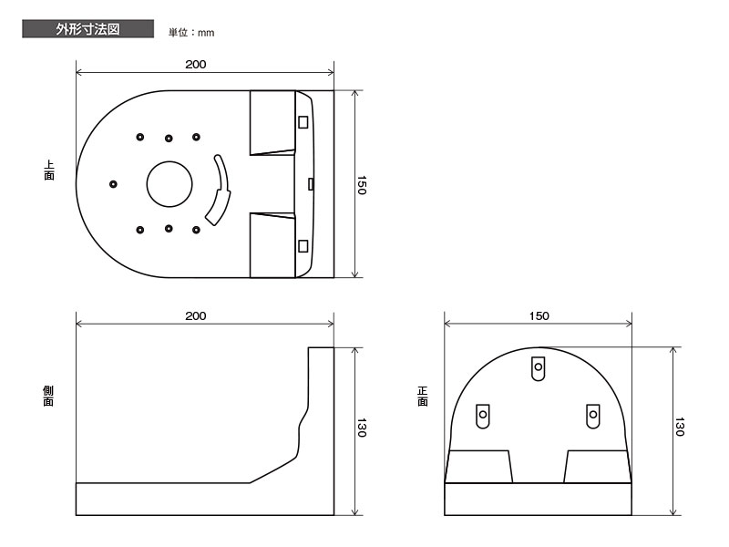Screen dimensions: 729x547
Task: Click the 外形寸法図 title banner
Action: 87,29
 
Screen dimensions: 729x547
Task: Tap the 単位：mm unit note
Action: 191,33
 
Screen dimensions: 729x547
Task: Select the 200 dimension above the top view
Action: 196,64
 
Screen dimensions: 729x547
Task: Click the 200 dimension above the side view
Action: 196,315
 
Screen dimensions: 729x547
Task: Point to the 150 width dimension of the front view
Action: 539,315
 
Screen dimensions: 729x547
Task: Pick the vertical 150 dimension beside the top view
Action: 362,185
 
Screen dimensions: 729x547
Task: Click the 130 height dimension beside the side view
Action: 362,428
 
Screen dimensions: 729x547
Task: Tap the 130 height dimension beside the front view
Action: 679,427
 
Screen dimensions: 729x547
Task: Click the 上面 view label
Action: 49,170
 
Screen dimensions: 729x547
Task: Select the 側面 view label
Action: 48,397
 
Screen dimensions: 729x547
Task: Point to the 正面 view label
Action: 422,397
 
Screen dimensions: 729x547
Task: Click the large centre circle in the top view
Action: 169,161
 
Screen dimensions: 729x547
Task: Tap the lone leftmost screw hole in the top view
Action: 113,184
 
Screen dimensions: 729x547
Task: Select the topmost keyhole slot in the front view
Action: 538,368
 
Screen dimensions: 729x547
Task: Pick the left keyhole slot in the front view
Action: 483,416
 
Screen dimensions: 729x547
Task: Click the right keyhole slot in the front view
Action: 593,416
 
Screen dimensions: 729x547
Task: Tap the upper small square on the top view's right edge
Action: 303,122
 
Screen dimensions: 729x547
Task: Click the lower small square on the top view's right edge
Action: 303,245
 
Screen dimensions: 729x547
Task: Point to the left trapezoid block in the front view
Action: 479,467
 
